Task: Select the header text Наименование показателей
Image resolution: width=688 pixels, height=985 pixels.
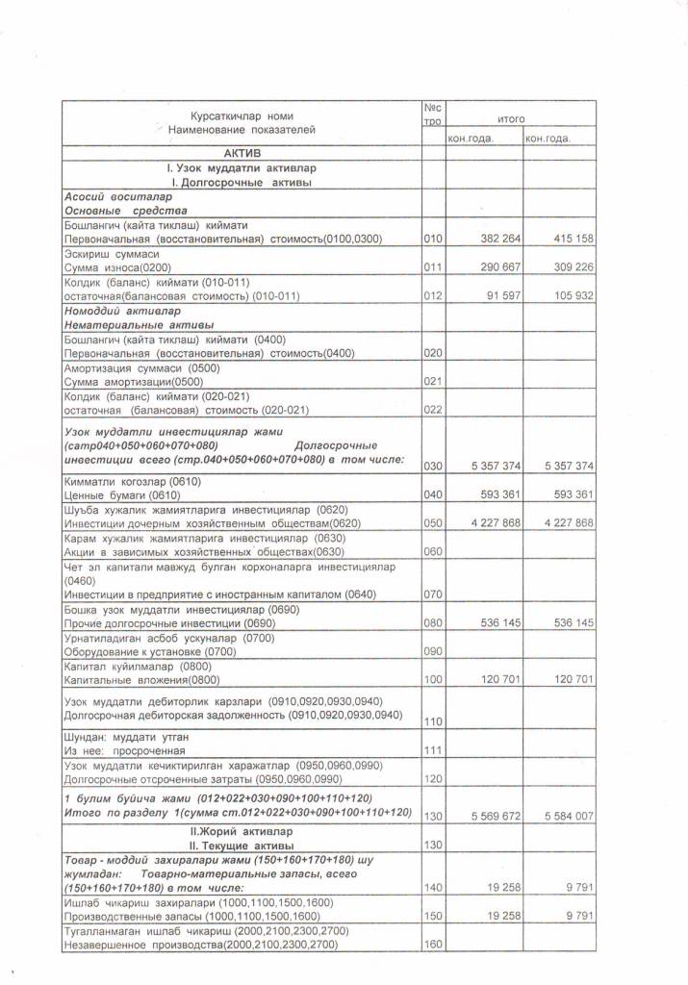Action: point(242,129)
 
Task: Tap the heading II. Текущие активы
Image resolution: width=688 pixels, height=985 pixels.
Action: point(242,843)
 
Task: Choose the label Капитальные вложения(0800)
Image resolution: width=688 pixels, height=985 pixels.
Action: point(140,679)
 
